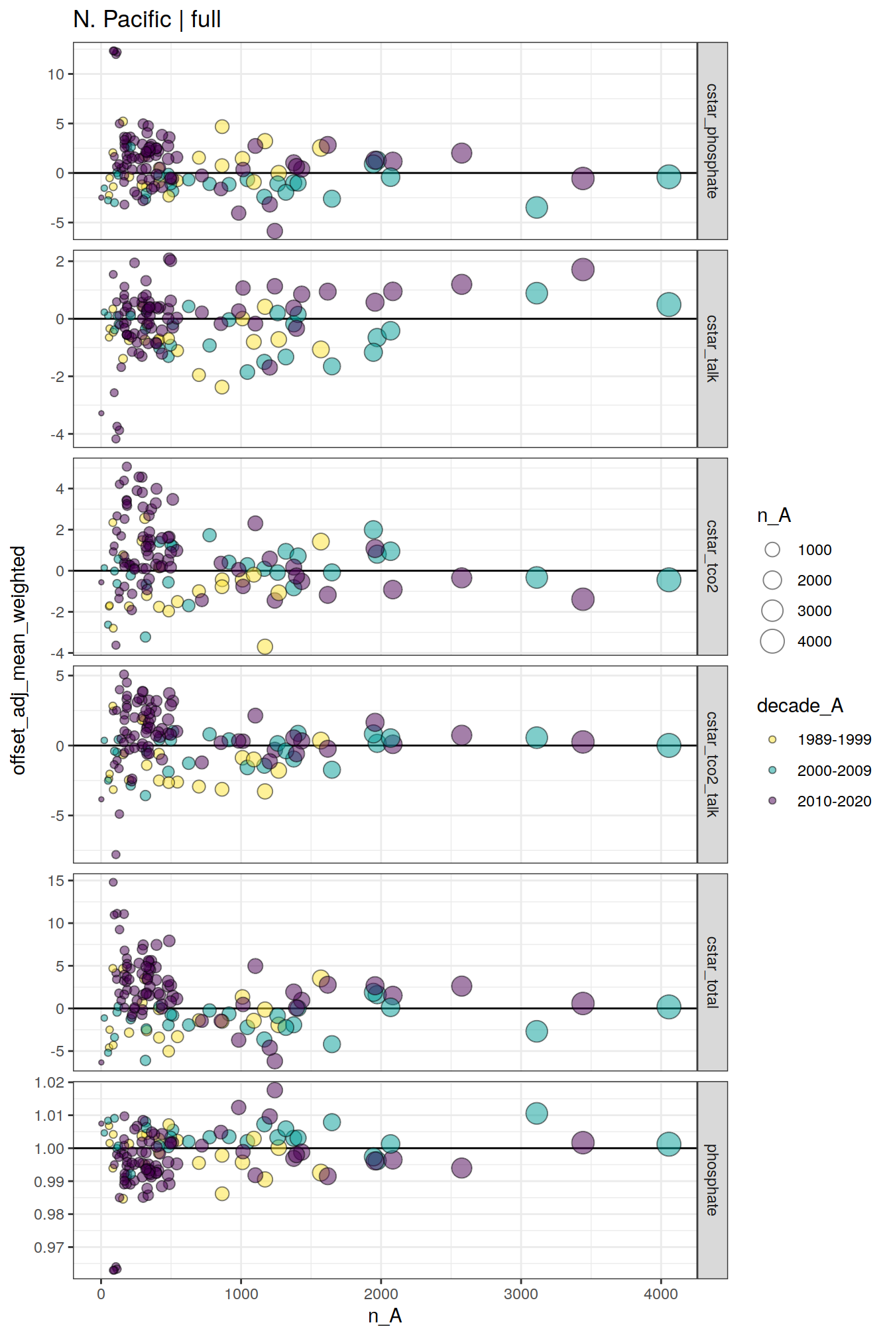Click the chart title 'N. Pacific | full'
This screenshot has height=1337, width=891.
click(147, 19)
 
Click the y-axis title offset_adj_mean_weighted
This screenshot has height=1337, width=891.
click(19, 660)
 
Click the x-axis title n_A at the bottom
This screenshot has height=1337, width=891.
click(385, 1316)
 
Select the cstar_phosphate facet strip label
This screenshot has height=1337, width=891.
click(712, 141)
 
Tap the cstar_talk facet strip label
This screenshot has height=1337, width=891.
click(712, 348)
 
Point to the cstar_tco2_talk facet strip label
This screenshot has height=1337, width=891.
click(712, 764)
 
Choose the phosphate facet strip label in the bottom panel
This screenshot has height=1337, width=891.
click(712, 1180)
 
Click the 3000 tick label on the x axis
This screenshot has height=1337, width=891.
click(520, 1294)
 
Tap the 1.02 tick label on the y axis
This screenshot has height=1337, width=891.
click(49, 1082)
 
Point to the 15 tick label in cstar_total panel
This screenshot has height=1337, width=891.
click(56, 881)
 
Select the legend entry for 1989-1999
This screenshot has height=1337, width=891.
click(772, 739)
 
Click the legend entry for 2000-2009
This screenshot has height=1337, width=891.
click(772, 771)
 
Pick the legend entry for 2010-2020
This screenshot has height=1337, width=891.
click(772, 801)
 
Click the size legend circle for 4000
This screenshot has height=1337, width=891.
click(772, 641)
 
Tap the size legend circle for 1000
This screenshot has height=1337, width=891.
click(772, 550)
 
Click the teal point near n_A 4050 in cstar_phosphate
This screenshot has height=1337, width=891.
click(669, 177)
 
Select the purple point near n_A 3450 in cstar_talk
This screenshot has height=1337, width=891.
click(583, 270)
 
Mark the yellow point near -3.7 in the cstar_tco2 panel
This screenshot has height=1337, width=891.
click(265, 647)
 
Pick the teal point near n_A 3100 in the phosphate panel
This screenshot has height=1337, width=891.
click(536, 1114)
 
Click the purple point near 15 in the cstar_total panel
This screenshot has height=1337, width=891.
click(113, 882)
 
